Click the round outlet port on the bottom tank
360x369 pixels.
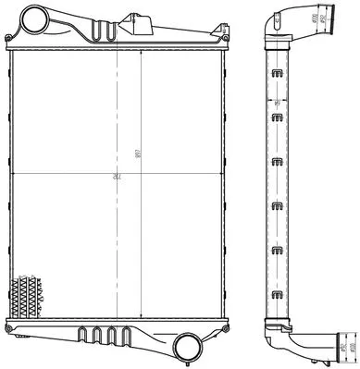tap(189, 349)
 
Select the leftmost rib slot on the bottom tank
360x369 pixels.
tap(82, 334)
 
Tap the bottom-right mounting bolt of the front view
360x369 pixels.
tap(221, 325)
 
